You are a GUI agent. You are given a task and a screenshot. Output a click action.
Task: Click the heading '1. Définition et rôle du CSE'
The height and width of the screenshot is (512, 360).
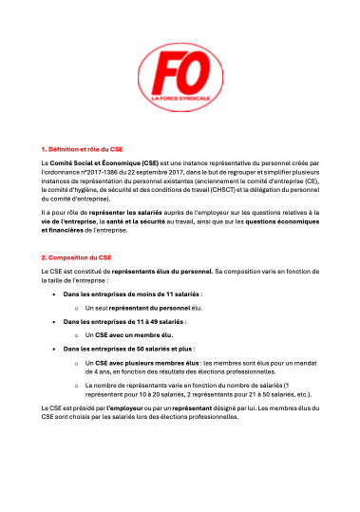coord(84,149)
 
